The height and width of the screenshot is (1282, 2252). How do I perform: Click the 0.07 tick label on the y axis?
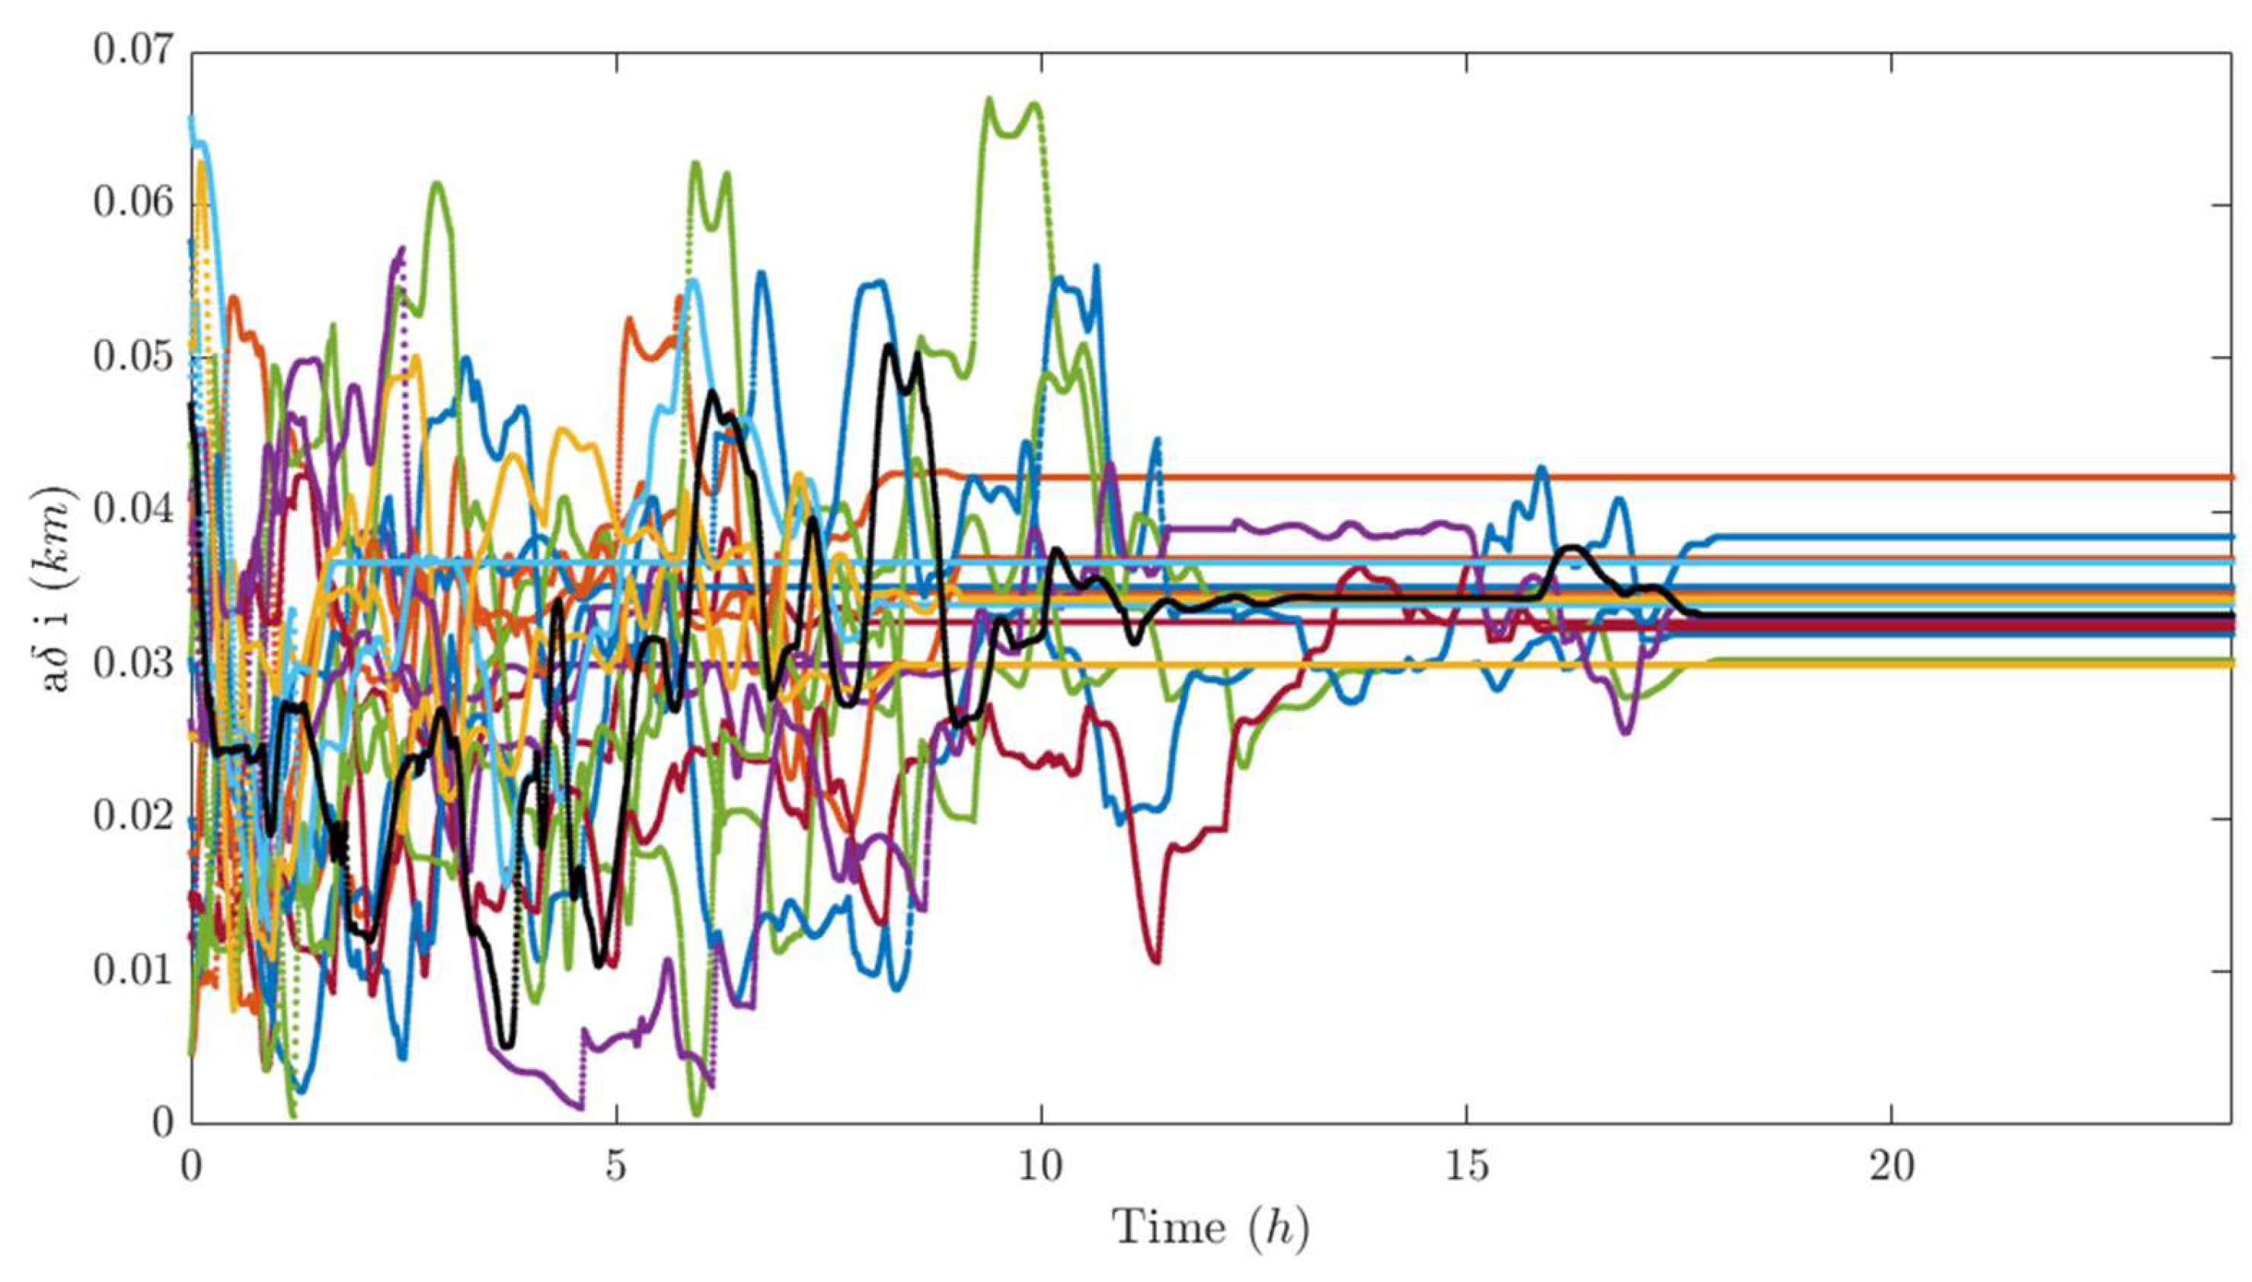[134, 51]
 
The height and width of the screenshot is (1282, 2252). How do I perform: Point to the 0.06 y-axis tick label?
[134, 204]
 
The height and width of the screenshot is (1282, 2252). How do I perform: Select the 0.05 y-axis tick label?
[134, 358]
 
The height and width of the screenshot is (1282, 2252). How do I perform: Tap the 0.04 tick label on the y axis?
[134, 511]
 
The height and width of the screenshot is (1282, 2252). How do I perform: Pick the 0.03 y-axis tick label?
[134, 664]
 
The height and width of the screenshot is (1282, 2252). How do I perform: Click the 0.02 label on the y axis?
[134, 817]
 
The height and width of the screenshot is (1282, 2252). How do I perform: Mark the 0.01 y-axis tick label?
[134, 971]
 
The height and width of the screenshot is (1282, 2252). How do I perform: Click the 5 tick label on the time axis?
[617, 1168]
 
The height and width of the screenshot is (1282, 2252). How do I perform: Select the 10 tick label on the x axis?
[1041, 1168]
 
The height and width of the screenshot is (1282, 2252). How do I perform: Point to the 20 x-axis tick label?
[1892, 1168]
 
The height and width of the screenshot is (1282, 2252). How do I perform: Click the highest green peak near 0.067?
[989, 100]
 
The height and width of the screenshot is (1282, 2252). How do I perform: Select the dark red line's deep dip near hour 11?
[1155, 961]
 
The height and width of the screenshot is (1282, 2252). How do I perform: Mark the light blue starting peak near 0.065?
[193, 118]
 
